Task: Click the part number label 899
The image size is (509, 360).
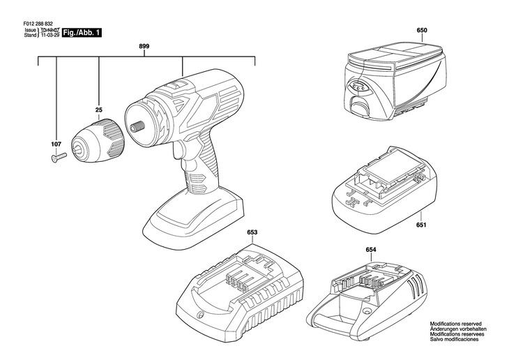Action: point(144,47)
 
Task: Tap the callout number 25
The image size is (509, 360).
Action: point(99,110)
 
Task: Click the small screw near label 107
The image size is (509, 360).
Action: point(57,158)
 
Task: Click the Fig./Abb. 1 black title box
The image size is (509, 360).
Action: point(82,33)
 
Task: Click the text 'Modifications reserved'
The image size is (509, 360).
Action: point(456,324)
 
